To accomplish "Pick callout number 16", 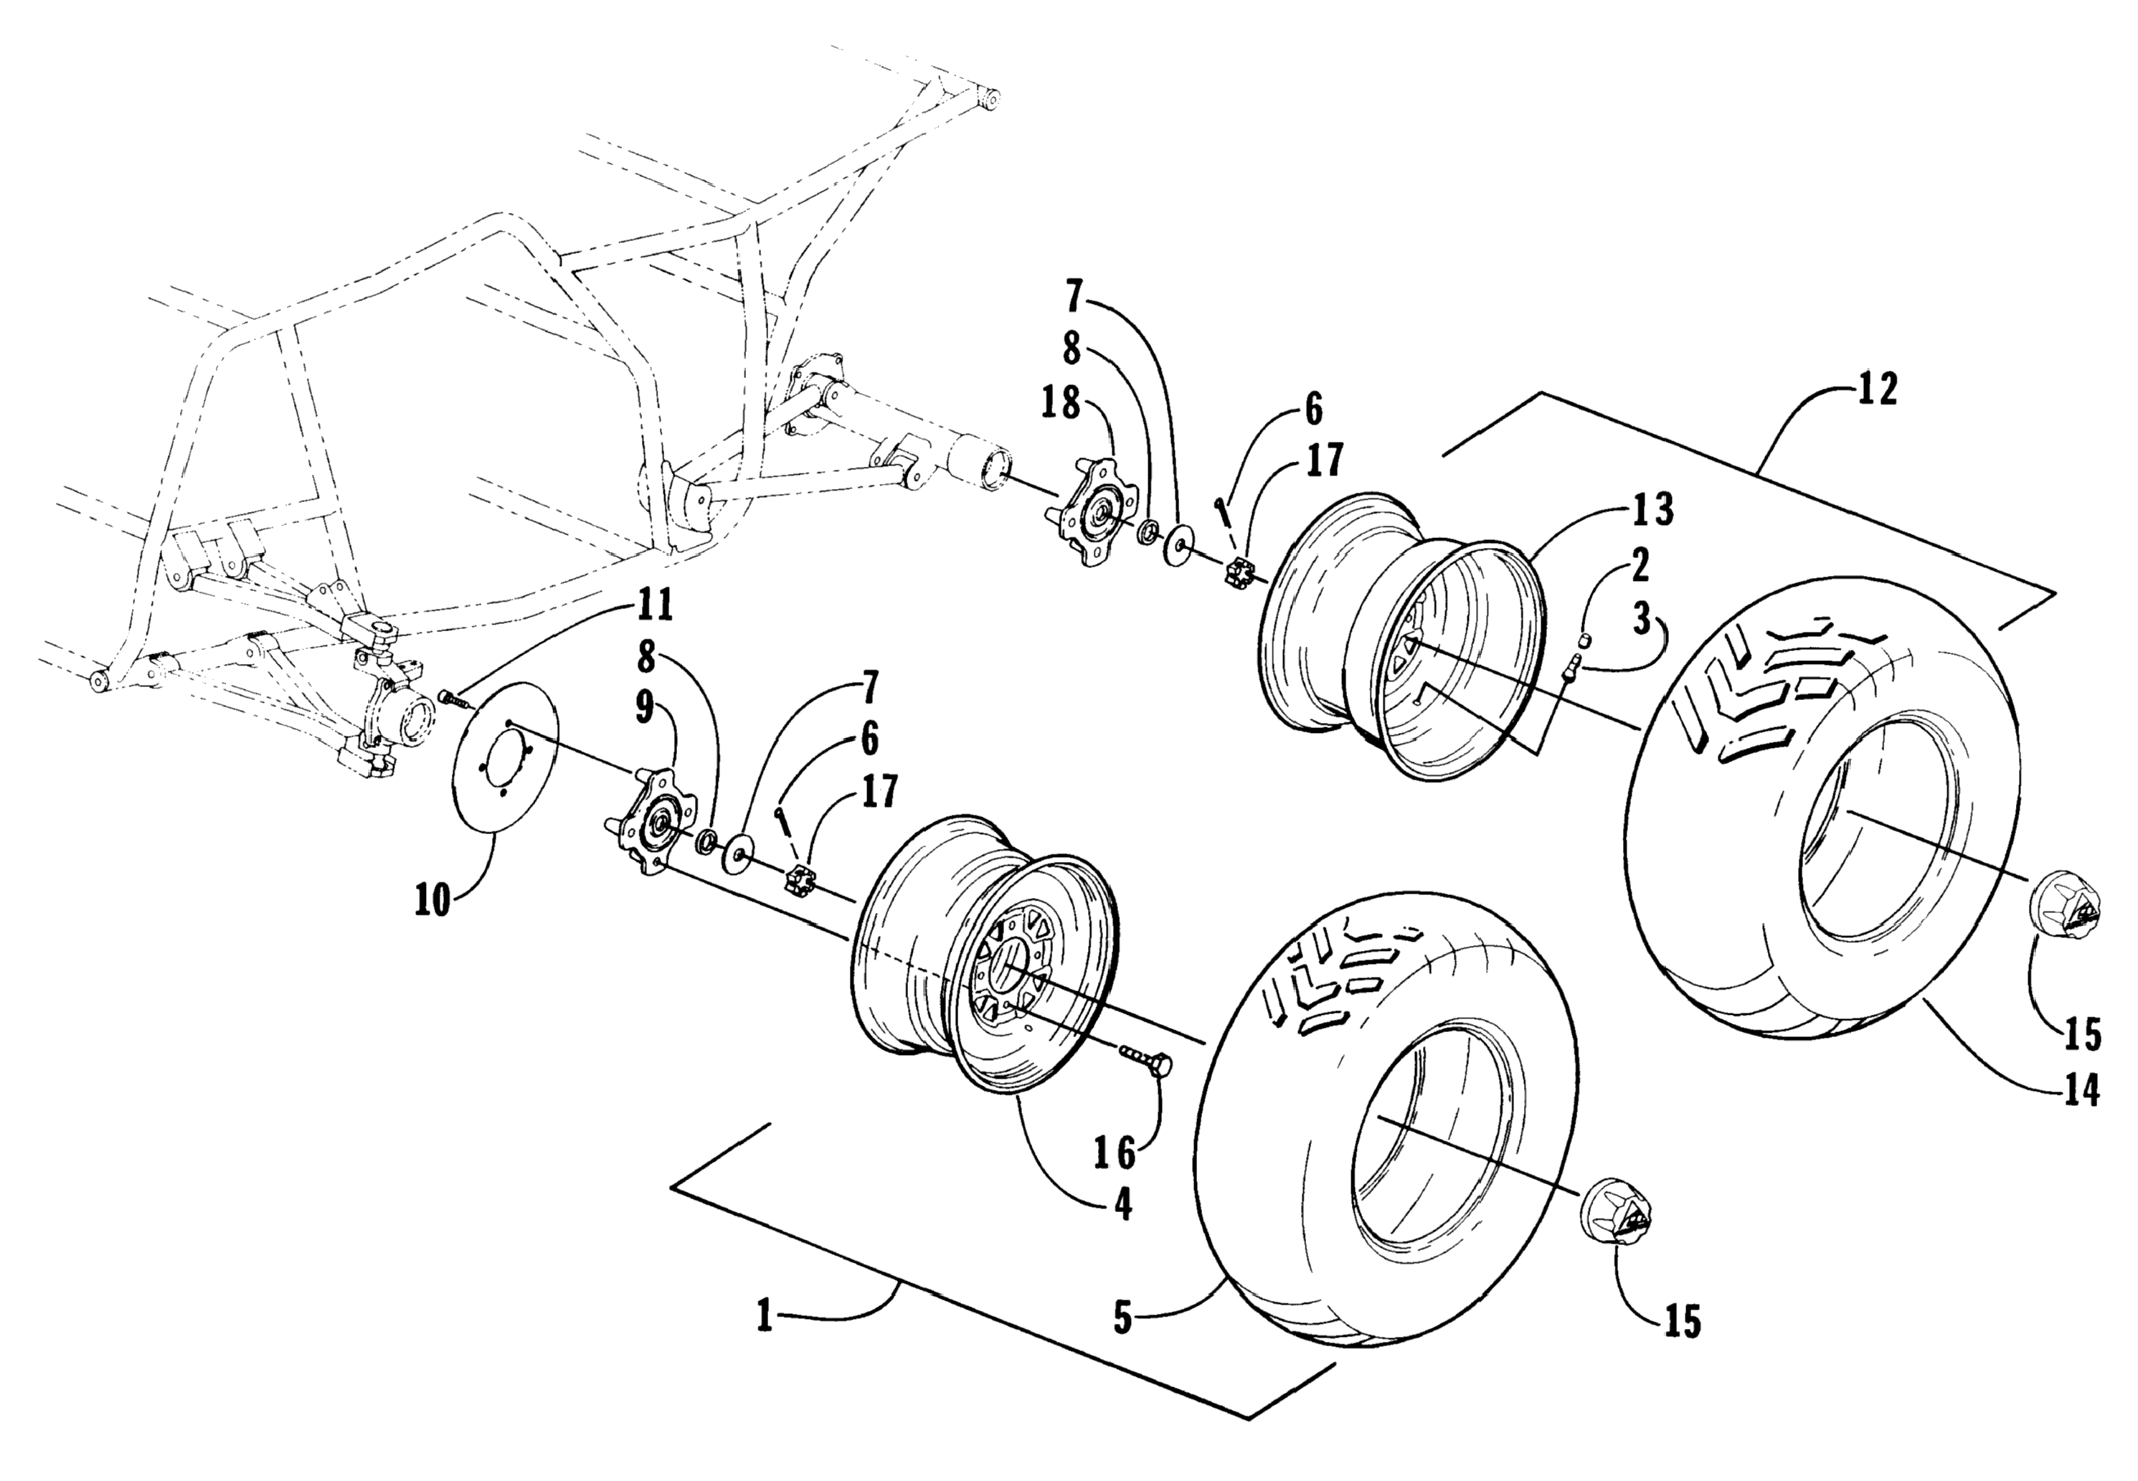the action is [x=1115, y=1153].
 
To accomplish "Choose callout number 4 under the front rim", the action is [x=1123, y=1204].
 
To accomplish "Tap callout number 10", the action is [x=433, y=899].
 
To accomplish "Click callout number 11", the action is [x=653, y=606].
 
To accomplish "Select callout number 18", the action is [x=1061, y=403].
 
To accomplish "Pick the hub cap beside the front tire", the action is [x=1617, y=1215].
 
